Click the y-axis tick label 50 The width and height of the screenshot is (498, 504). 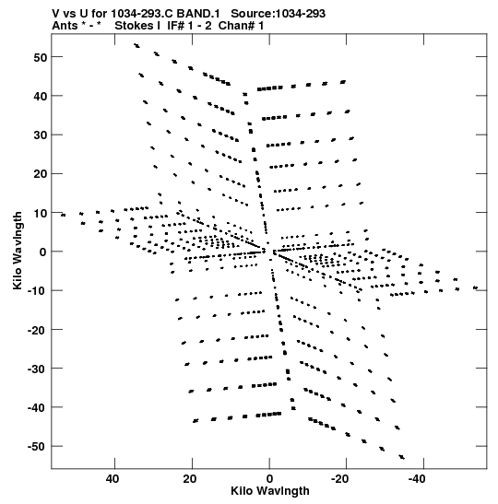[40, 57]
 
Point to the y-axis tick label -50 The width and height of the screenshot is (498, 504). [37, 447]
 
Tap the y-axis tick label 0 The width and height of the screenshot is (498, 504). [43, 252]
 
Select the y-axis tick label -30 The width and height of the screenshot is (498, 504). [37, 369]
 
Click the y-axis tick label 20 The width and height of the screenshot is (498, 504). [40, 174]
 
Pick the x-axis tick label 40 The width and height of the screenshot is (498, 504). [113, 479]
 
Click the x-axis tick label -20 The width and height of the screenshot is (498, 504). [340, 479]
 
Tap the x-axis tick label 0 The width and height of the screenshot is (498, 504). [269, 479]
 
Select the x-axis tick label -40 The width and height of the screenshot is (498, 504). [417, 479]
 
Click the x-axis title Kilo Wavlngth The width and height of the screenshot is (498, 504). [270, 491]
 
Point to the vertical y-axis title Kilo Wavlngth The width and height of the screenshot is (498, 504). [17, 251]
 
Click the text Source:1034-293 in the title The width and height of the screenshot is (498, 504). [278, 14]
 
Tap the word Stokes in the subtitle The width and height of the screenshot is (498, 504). [135, 26]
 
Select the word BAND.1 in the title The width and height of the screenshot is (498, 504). [198, 14]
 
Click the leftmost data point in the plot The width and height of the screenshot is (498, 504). [63, 215]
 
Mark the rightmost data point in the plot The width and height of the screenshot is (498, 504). [476, 287]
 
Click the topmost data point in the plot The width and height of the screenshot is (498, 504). [136, 45]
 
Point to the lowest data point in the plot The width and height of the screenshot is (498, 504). [402, 457]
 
